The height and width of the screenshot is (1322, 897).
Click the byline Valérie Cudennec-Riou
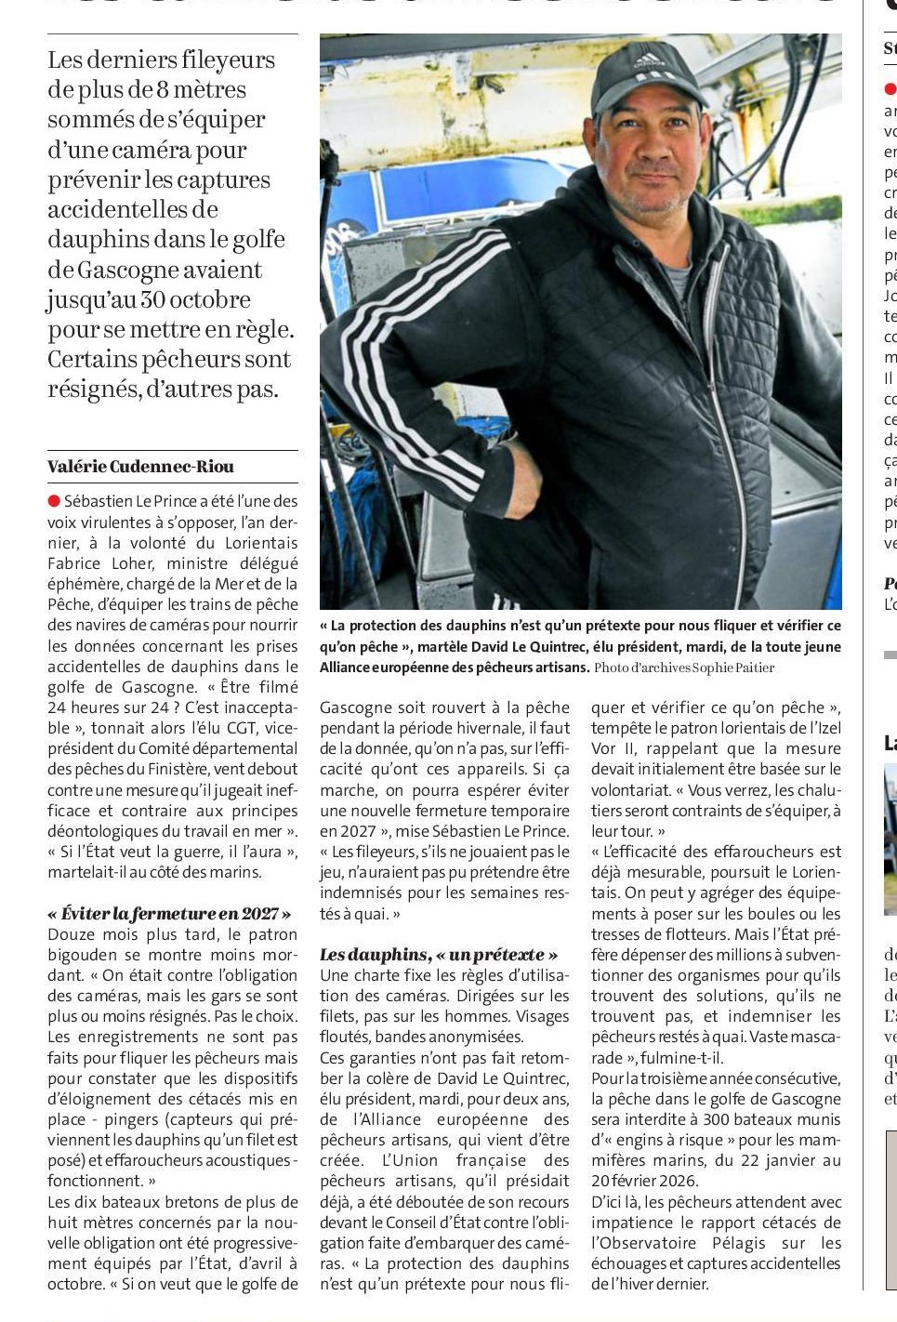(140, 467)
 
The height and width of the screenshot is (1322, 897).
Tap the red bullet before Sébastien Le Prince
(54, 501)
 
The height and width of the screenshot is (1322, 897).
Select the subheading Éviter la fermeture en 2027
(169, 914)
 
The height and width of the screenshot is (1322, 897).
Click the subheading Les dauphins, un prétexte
(439, 955)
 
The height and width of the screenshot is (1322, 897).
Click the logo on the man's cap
(649, 62)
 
